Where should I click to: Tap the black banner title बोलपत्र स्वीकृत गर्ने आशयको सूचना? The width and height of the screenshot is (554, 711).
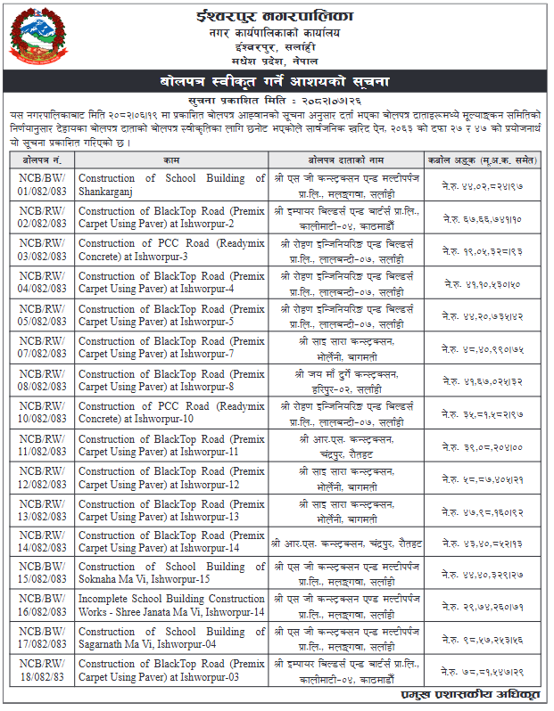[277, 81]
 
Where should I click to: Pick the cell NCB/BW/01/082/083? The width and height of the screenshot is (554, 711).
[42, 184]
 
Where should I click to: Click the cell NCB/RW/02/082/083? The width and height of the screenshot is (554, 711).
[42, 217]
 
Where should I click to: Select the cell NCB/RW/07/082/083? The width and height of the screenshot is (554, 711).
[42, 347]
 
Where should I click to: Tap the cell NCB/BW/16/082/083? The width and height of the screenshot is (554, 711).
[42, 606]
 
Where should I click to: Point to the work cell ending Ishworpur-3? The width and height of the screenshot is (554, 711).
[171, 249]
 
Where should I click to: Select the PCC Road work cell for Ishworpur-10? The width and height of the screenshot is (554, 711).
[171, 413]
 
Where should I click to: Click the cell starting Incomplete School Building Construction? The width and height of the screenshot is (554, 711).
[171, 606]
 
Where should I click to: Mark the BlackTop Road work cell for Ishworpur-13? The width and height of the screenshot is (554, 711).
[171, 510]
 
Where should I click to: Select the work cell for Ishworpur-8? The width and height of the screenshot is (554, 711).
[171, 380]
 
